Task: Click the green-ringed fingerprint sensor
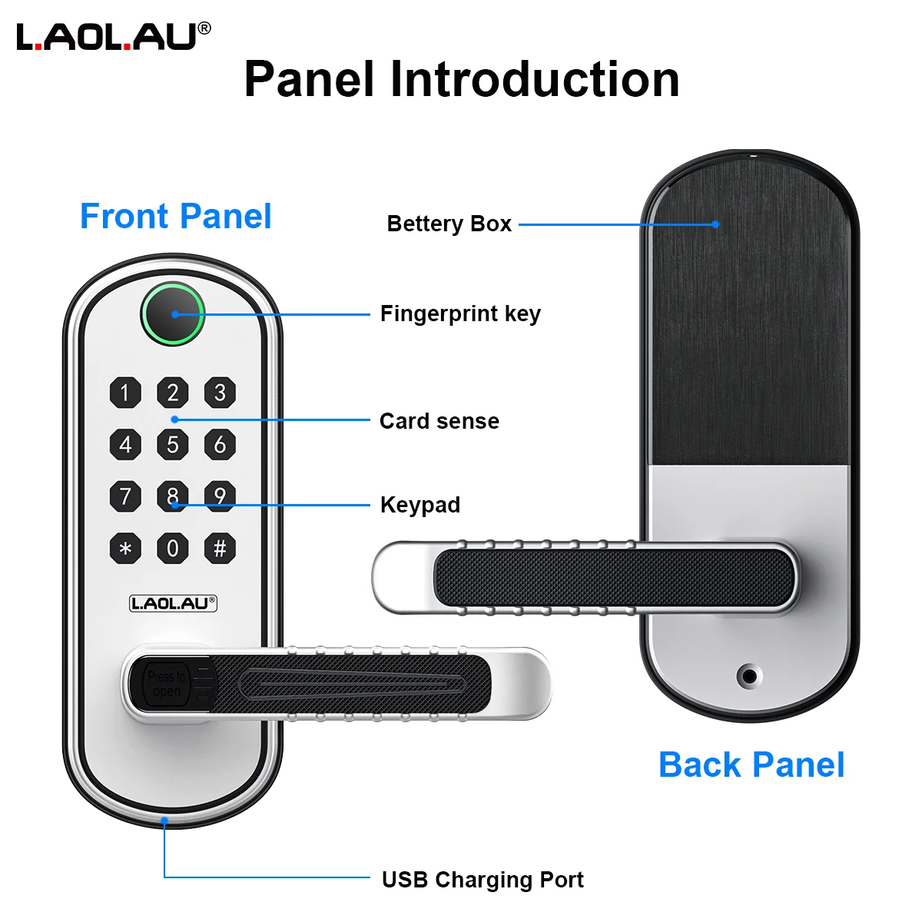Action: tap(173, 314)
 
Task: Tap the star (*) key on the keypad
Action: tap(125, 548)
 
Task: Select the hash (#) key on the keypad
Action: tap(220, 548)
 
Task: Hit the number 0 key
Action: tap(172, 548)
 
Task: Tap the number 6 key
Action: tap(220, 445)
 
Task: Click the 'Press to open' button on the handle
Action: tap(166, 684)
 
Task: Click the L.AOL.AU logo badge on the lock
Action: tap(173, 603)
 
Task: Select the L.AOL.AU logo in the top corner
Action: tap(114, 36)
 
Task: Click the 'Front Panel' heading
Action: tap(176, 216)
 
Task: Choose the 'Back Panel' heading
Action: tap(751, 765)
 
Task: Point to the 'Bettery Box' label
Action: tap(449, 224)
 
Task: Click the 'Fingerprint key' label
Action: tap(460, 314)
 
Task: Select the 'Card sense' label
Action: tap(439, 422)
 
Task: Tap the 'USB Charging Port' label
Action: tap(483, 880)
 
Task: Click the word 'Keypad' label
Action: tap(420, 506)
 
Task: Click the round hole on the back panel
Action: tap(749, 676)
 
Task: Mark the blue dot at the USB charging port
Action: tap(164, 821)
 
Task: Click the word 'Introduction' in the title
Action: tap(535, 79)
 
